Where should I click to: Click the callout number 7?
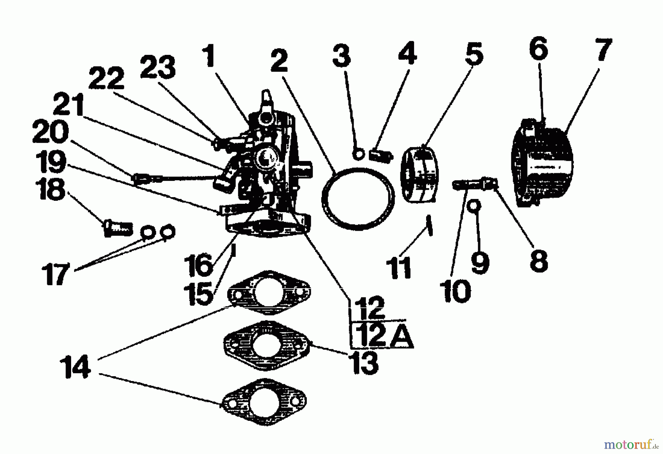(603, 49)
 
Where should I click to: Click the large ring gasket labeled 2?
(357, 199)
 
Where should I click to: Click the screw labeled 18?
(117, 228)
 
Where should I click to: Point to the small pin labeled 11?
(429, 225)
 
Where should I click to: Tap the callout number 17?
(55, 273)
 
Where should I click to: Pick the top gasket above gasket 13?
(269, 293)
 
